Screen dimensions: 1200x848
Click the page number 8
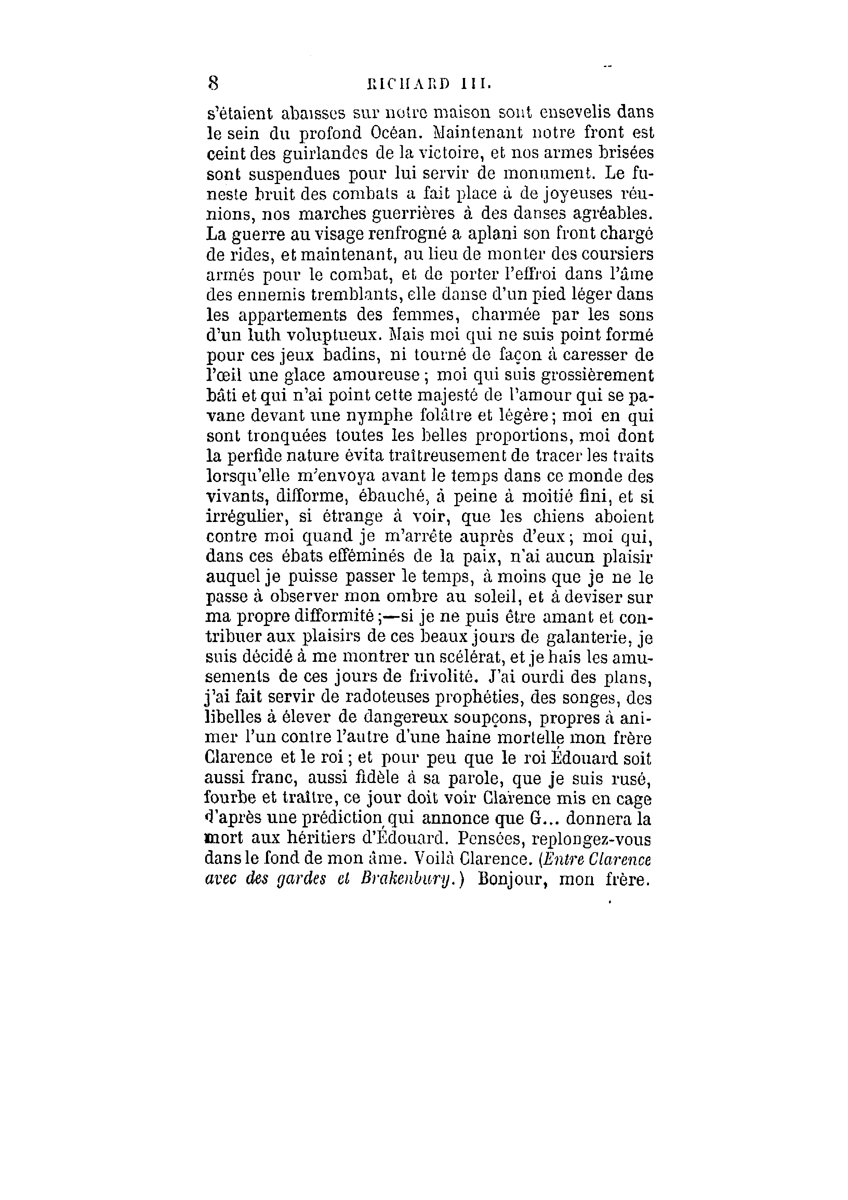[x=213, y=83]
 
